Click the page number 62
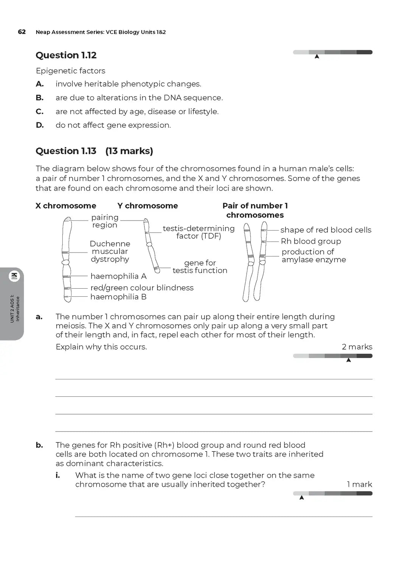point(22,32)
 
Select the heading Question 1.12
point(66,55)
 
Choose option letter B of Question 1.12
point(40,98)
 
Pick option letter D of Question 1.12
point(40,125)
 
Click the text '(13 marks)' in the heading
point(129,151)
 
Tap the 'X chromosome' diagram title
point(66,206)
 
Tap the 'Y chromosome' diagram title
point(147,206)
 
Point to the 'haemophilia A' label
point(118,276)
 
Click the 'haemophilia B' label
point(118,297)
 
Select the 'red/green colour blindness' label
point(142,288)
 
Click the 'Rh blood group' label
point(311,241)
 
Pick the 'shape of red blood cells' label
point(326,230)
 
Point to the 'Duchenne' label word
point(110,244)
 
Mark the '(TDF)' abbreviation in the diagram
point(211,236)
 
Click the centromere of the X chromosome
point(66,262)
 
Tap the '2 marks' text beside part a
point(357,347)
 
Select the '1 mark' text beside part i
point(359,484)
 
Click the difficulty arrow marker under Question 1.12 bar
point(317,57)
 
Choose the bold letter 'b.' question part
point(39,445)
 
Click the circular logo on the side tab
point(15,276)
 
